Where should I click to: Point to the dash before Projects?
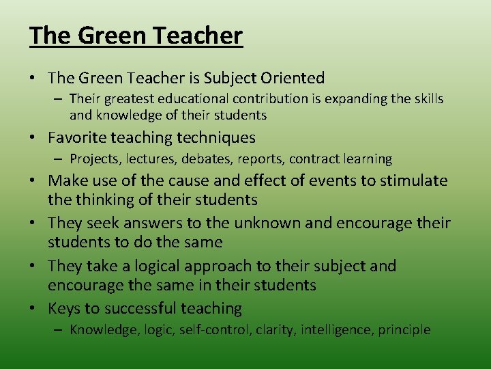(59, 159)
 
